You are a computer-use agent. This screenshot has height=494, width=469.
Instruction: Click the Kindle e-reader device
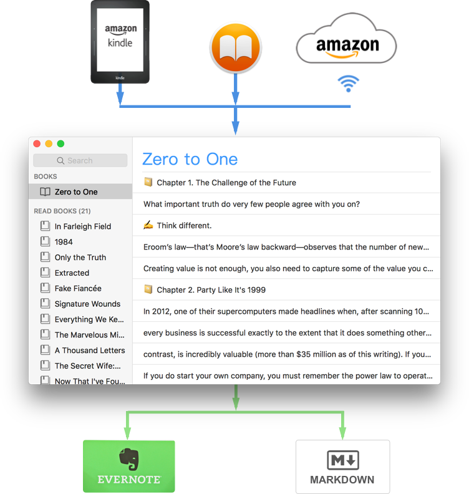(120, 42)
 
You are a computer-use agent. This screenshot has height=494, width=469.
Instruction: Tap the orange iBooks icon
(235, 47)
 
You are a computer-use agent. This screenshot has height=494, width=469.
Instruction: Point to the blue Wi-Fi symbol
(348, 84)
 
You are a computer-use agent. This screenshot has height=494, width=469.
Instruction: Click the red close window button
(37, 144)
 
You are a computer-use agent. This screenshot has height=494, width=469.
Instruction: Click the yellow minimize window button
(49, 144)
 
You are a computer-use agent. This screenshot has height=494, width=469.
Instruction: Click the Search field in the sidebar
(80, 160)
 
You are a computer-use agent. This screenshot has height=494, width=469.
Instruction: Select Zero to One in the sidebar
(76, 191)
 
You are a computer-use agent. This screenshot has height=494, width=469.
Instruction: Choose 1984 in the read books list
(64, 241)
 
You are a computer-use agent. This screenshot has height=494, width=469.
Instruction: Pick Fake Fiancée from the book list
(78, 288)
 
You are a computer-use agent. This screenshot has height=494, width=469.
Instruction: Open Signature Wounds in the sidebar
(87, 304)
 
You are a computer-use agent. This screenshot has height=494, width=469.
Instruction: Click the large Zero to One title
(190, 159)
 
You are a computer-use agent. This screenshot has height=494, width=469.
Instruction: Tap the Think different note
(184, 225)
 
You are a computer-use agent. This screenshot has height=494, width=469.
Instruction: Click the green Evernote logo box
(129, 466)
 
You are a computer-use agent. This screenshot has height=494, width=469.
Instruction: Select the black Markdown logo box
(342, 466)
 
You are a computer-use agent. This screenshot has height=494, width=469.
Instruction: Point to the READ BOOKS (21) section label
(62, 211)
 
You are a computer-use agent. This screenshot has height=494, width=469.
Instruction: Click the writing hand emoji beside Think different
(148, 225)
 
